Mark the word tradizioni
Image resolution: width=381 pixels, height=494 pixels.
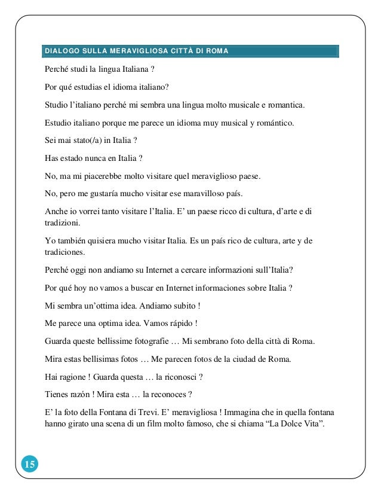[x=62, y=222]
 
